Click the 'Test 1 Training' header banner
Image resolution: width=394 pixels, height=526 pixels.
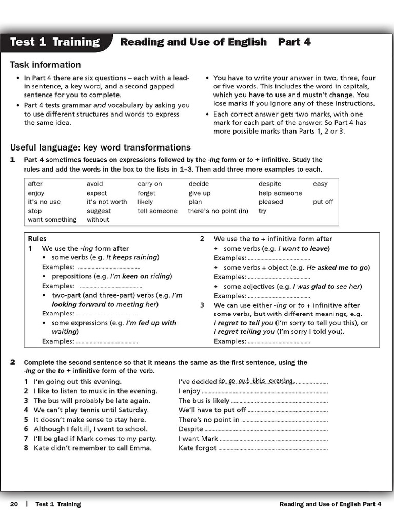[55, 42]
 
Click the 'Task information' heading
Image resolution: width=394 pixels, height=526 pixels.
[46, 65]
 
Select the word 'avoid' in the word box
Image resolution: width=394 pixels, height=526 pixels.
[95, 184]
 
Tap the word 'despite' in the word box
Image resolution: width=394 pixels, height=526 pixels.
[270, 184]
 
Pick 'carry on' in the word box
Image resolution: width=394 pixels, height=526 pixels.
[150, 184]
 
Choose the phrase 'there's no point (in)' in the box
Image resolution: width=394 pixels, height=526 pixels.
[218, 211]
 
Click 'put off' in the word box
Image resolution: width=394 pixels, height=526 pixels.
[323, 202]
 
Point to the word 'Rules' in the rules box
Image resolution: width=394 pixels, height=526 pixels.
[37, 239]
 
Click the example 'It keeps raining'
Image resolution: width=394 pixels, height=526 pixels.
[132, 257]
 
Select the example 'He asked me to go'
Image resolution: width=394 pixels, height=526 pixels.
[335, 267]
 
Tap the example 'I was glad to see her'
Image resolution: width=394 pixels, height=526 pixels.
[327, 286]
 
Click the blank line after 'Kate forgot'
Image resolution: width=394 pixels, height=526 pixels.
[273, 449]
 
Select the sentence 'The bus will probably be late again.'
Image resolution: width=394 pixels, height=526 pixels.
[92, 401]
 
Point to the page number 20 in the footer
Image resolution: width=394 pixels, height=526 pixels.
[14, 504]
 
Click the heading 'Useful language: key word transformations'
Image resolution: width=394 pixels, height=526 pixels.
[101, 147]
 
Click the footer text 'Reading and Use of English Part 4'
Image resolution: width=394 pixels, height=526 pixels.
[330, 504]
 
